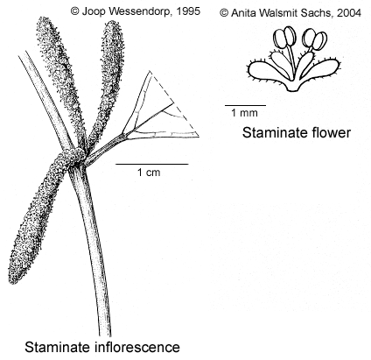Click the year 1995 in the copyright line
[x=188, y=11]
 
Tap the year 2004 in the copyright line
[x=349, y=13]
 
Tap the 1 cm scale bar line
[x=152, y=164]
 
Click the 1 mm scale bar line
[x=245, y=105]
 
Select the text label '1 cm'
[x=149, y=173]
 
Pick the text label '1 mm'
[x=244, y=113]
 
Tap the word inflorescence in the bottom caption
[x=137, y=348]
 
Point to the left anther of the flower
[x=285, y=38]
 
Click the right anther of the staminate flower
[x=315, y=39]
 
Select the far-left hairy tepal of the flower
[x=264, y=72]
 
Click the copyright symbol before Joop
[x=75, y=11]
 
